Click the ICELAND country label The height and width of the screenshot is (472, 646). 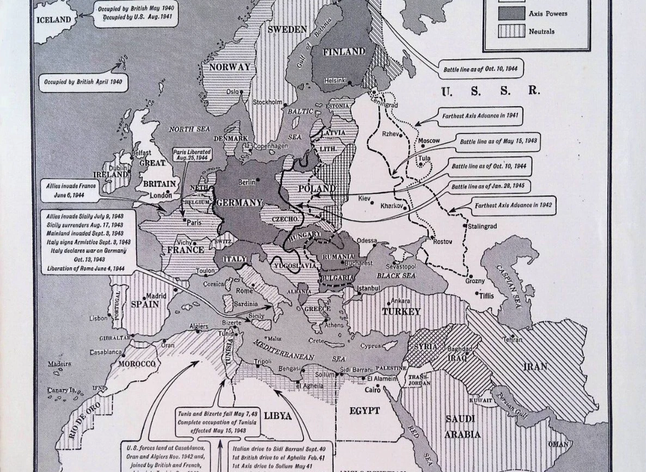[53, 20]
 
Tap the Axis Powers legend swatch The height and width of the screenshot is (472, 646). [511, 14]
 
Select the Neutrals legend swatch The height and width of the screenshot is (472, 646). [511, 32]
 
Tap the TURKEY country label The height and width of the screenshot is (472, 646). [401, 311]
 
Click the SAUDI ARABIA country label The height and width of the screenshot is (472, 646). [460, 426]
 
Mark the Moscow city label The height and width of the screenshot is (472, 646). [429, 141]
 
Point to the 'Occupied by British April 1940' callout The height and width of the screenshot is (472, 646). [83, 84]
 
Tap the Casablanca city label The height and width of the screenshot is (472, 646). [106, 352]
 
